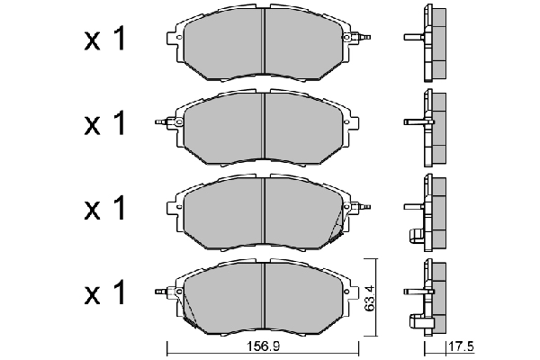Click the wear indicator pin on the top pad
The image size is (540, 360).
point(362,38)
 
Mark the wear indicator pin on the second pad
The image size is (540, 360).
point(162,121)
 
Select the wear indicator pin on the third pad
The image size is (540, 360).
point(362,207)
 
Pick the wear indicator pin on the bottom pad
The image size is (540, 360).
point(162,292)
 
